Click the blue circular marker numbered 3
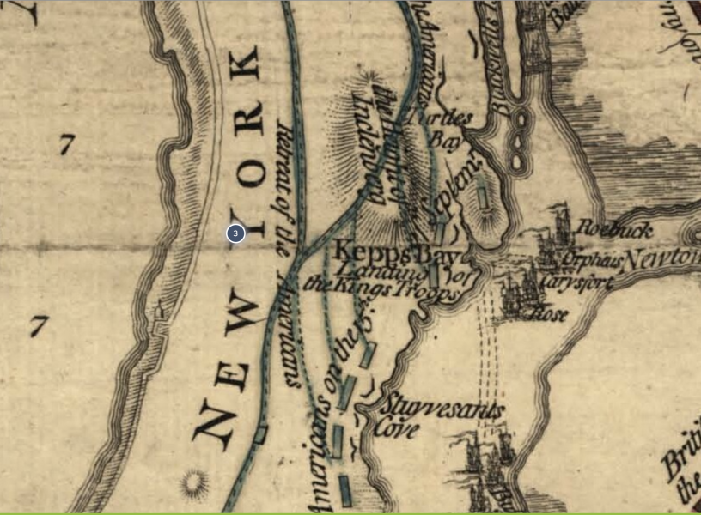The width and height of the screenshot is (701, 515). click(235, 233)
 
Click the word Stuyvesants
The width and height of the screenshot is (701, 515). click(442, 409)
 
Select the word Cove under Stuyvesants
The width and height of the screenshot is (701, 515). click(397, 430)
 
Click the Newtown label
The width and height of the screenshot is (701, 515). click(661, 258)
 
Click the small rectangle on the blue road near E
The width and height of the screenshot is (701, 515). click(259, 435)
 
